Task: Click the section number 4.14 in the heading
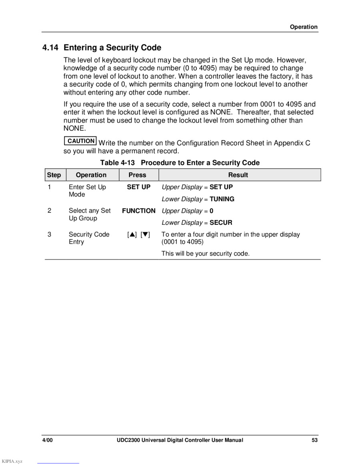tap(50, 48)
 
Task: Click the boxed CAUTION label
tap(80, 141)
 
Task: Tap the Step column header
tap(54, 175)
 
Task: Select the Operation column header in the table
tap(91, 175)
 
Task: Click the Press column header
tap(137, 175)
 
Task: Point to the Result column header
tap(238, 175)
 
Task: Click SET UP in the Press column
tap(138, 187)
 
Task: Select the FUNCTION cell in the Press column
tap(138, 210)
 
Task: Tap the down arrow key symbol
tap(145, 234)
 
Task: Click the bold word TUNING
tap(222, 199)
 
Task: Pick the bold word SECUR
tap(221, 222)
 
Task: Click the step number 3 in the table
tap(50, 234)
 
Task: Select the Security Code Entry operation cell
tap(89, 238)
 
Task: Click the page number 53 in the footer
tap(315, 440)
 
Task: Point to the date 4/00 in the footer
tap(48, 440)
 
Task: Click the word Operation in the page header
tap(304, 27)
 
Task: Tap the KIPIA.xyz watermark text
tap(12, 461)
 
